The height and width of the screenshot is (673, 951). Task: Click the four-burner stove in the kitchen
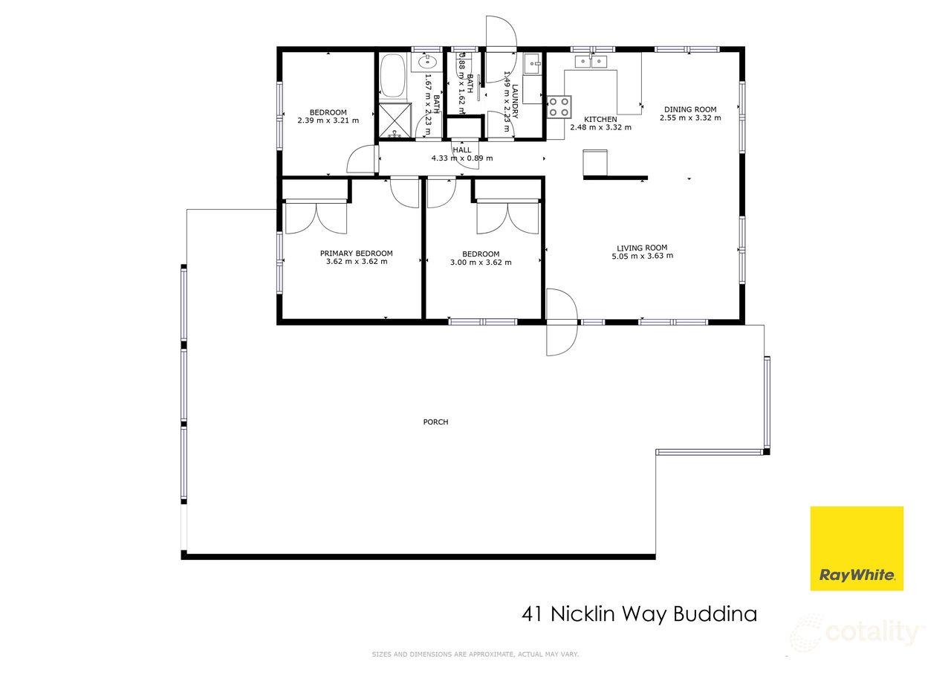tap(559, 108)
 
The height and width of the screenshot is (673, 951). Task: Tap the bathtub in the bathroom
tap(392, 77)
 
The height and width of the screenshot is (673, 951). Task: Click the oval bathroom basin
tap(428, 63)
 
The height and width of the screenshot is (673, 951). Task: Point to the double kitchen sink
tap(592, 61)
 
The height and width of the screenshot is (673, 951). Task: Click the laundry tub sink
tap(532, 64)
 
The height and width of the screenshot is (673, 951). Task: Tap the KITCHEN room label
tap(600, 119)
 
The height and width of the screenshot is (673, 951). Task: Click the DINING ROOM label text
tap(690, 109)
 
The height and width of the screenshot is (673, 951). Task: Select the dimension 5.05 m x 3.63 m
tap(642, 256)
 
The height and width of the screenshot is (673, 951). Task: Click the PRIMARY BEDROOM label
tap(357, 254)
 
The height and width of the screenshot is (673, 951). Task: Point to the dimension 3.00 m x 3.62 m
tap(481, 262)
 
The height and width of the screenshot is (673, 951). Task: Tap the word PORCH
tap(435, 422)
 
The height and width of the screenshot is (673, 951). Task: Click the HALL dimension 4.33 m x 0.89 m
tap(462, 158)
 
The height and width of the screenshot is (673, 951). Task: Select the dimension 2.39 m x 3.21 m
tap(328, 120)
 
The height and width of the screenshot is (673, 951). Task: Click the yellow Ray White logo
tap(857, 548)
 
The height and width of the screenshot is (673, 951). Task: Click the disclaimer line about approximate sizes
tap(475, 654)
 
